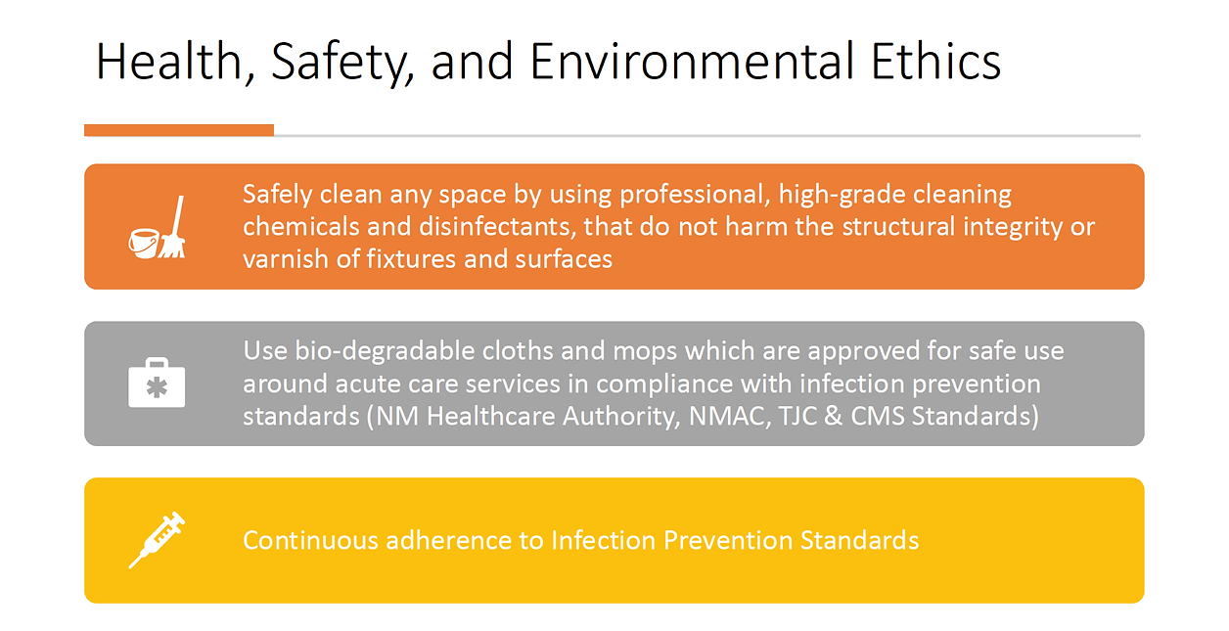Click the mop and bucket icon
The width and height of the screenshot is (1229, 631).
click(x=158, y=229)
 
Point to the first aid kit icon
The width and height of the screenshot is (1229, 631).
click(x=157, y=384)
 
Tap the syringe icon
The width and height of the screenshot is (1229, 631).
click(x=157, y=539)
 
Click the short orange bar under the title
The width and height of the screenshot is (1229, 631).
click(x=179, y=130)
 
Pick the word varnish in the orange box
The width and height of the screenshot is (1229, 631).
click(x=281, y=259)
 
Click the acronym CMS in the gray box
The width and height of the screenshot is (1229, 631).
click(x=880, y=416)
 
